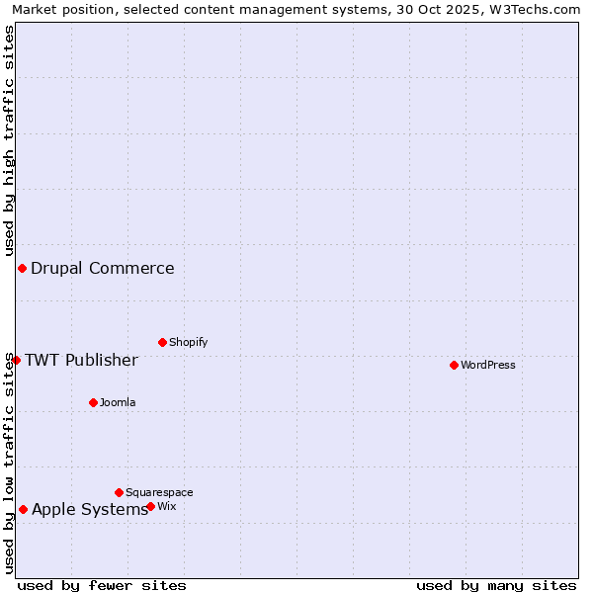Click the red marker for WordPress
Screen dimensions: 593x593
tap(454, 365)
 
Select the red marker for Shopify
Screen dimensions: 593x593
tap(162, 342)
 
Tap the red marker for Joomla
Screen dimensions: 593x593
tap(93, 402)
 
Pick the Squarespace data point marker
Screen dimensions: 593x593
tap(119, 492)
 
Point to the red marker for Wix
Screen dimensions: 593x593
tap(150, 506)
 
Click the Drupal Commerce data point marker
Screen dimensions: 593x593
tap(22, 268)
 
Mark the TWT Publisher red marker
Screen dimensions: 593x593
tap(16, 360)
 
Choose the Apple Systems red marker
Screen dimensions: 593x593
tap(23, 509)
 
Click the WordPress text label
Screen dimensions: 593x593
tap(488, 365)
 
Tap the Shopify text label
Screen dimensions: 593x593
tap(188, 342)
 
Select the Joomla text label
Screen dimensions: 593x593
tap(118, 402)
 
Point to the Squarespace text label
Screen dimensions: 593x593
tap(159, 492)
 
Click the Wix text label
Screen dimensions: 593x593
tap(167, 506)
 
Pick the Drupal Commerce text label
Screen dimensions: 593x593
tap(103, 268)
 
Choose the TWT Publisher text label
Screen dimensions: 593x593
tap(81, 360)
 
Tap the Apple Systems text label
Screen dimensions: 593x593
tap(90, 509)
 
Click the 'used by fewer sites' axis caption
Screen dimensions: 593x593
tap(102, 585)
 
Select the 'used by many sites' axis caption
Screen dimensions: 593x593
tap(496, 585)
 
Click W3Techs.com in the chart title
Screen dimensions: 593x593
tap(534, 9)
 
